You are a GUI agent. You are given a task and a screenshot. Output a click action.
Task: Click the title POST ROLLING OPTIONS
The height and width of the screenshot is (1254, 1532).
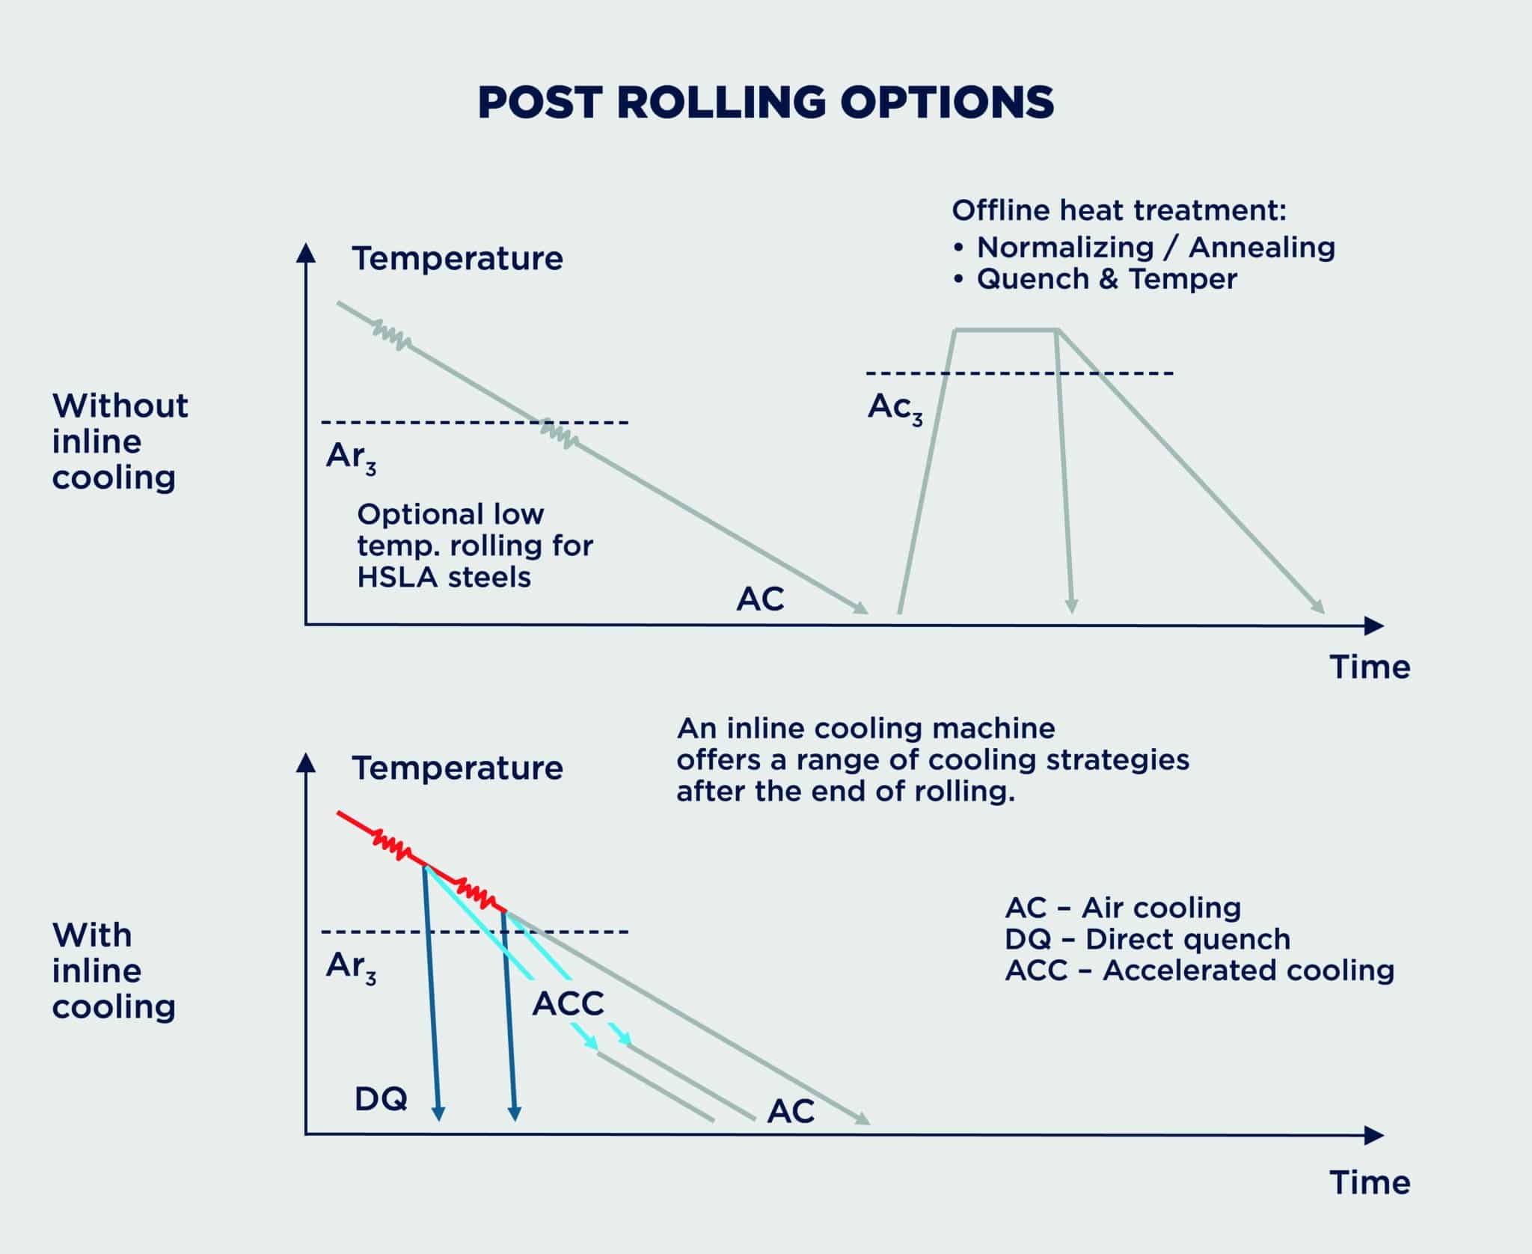click(766, 103)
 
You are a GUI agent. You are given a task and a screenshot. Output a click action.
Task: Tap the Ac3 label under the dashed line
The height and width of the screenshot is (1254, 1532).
click(895, 410)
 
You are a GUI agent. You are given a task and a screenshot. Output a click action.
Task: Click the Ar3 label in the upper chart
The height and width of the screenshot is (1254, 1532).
click(351, 459)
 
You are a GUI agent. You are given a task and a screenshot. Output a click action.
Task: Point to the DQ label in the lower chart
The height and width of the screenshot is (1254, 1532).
click(382, 1099)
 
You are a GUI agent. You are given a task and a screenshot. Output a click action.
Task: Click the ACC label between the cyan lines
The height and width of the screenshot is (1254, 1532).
click(568, 1004)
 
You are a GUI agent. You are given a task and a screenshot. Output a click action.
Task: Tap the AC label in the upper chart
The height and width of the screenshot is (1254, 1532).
click(760, 599)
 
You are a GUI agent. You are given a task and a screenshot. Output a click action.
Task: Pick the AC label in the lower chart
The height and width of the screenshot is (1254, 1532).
click(791, 1112)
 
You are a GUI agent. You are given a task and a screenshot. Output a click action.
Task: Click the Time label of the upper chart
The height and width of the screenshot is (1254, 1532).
click(1370, 667)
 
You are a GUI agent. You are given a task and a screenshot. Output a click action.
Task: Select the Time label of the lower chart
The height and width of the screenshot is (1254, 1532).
click(1370, 1183)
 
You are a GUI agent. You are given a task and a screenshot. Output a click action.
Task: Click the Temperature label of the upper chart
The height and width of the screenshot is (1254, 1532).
click(458, 259)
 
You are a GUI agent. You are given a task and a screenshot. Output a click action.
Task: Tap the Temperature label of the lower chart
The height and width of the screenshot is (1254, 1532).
click(458, 768)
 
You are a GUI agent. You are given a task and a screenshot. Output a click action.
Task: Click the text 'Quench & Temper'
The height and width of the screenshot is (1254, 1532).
click(1106, 279)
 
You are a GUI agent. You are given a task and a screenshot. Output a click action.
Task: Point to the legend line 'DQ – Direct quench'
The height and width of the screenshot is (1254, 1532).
click(1148, 939)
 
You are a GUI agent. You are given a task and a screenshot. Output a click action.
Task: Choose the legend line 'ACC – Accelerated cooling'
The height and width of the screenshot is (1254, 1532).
click(1200, 970)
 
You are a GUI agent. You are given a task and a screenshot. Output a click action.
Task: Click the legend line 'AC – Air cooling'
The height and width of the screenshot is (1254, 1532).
click(1123, 908)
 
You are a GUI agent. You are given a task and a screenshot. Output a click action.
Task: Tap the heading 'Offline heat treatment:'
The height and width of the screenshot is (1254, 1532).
click(1119, 211)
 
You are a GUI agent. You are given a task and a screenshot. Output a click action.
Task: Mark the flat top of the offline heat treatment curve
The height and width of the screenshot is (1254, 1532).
click(1006, 329)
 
